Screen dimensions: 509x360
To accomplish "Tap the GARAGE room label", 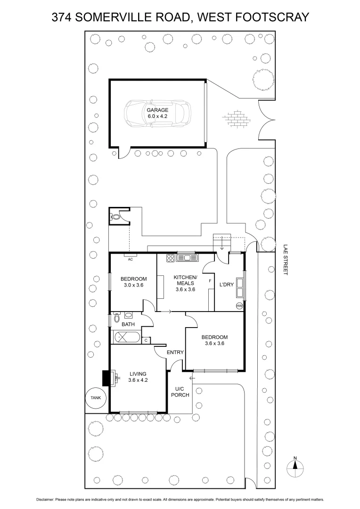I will [x=157, y=110].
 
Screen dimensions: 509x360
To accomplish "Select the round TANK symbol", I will [x=96, y=398].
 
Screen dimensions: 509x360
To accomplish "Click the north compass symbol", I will [x=295, y=467].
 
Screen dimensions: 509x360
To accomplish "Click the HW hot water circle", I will [x=239, y=306].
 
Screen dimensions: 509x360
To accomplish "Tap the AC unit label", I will [x=130, y=259].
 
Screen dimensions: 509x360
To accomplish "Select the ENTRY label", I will [x=175, y=352].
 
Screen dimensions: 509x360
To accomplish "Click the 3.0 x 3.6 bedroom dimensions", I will [x=133, y=285].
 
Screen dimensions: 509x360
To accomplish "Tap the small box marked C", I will [x=146, y=340].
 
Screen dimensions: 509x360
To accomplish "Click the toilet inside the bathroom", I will [x=116, y=318].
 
